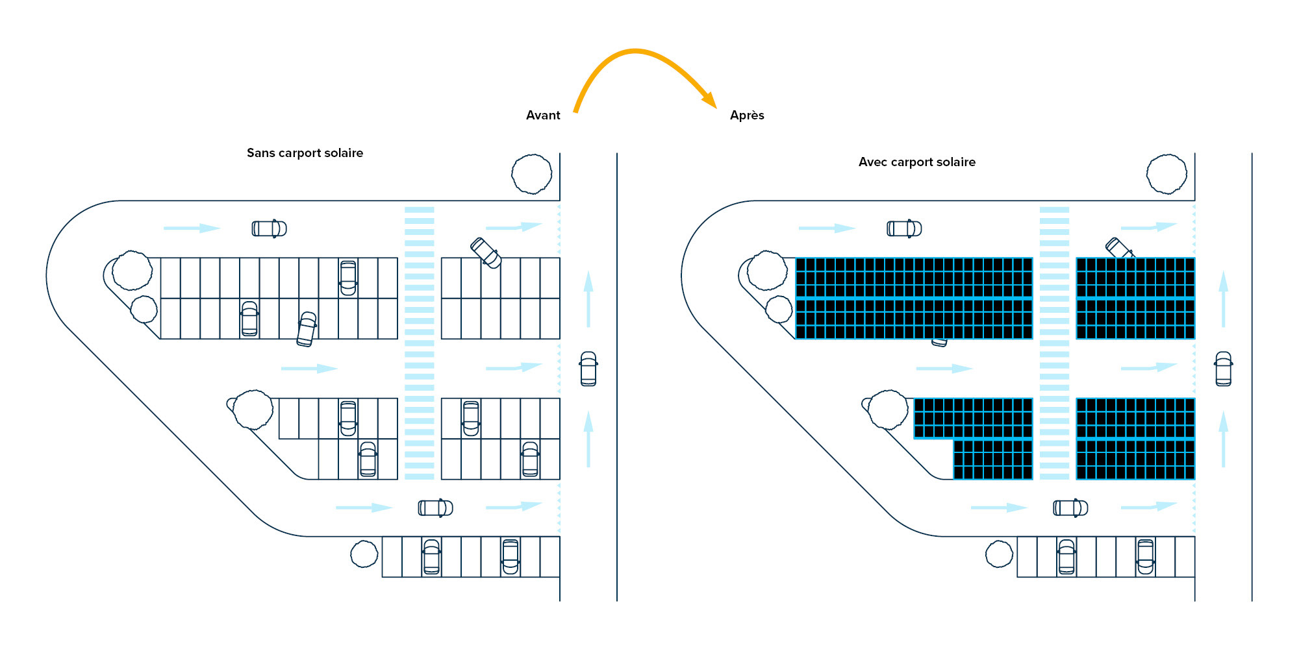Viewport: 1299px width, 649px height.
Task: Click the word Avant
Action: tap(543, 116)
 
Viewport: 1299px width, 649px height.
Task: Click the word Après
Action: tap(747, 116)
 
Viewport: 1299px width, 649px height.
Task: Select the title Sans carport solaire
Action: tap(305, 153)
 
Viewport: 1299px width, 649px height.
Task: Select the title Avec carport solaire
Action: tap(916, 162)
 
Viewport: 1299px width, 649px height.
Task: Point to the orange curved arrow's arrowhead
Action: tap(710, 99)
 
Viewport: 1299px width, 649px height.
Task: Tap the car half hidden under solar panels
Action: tap(939, 342)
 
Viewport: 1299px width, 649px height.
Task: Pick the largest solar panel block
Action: tap(914, 299)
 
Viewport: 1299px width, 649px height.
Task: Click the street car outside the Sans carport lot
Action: tap(588, 369)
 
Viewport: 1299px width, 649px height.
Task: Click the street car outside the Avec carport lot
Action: tap(1224, 369)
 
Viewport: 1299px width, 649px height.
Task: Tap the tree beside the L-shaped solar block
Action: tap(888, 410)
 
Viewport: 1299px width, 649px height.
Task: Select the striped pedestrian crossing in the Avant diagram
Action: tap(420, 343)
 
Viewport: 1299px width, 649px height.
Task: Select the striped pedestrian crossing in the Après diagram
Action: tap(1054, 343)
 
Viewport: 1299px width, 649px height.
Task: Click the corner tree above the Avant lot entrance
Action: tap(532, 174)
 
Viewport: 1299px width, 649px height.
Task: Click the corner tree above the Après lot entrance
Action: tap(1167, 174)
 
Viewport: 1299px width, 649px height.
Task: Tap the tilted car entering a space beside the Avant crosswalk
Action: tap(486, 252)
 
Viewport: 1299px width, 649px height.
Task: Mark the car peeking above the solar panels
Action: tap(1118, 247)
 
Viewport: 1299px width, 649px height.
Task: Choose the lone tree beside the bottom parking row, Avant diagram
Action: tap(364, 554)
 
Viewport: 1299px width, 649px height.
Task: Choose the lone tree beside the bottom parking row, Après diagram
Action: tap(999, 554)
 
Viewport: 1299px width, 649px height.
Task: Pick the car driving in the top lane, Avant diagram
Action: tap(269, 228)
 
